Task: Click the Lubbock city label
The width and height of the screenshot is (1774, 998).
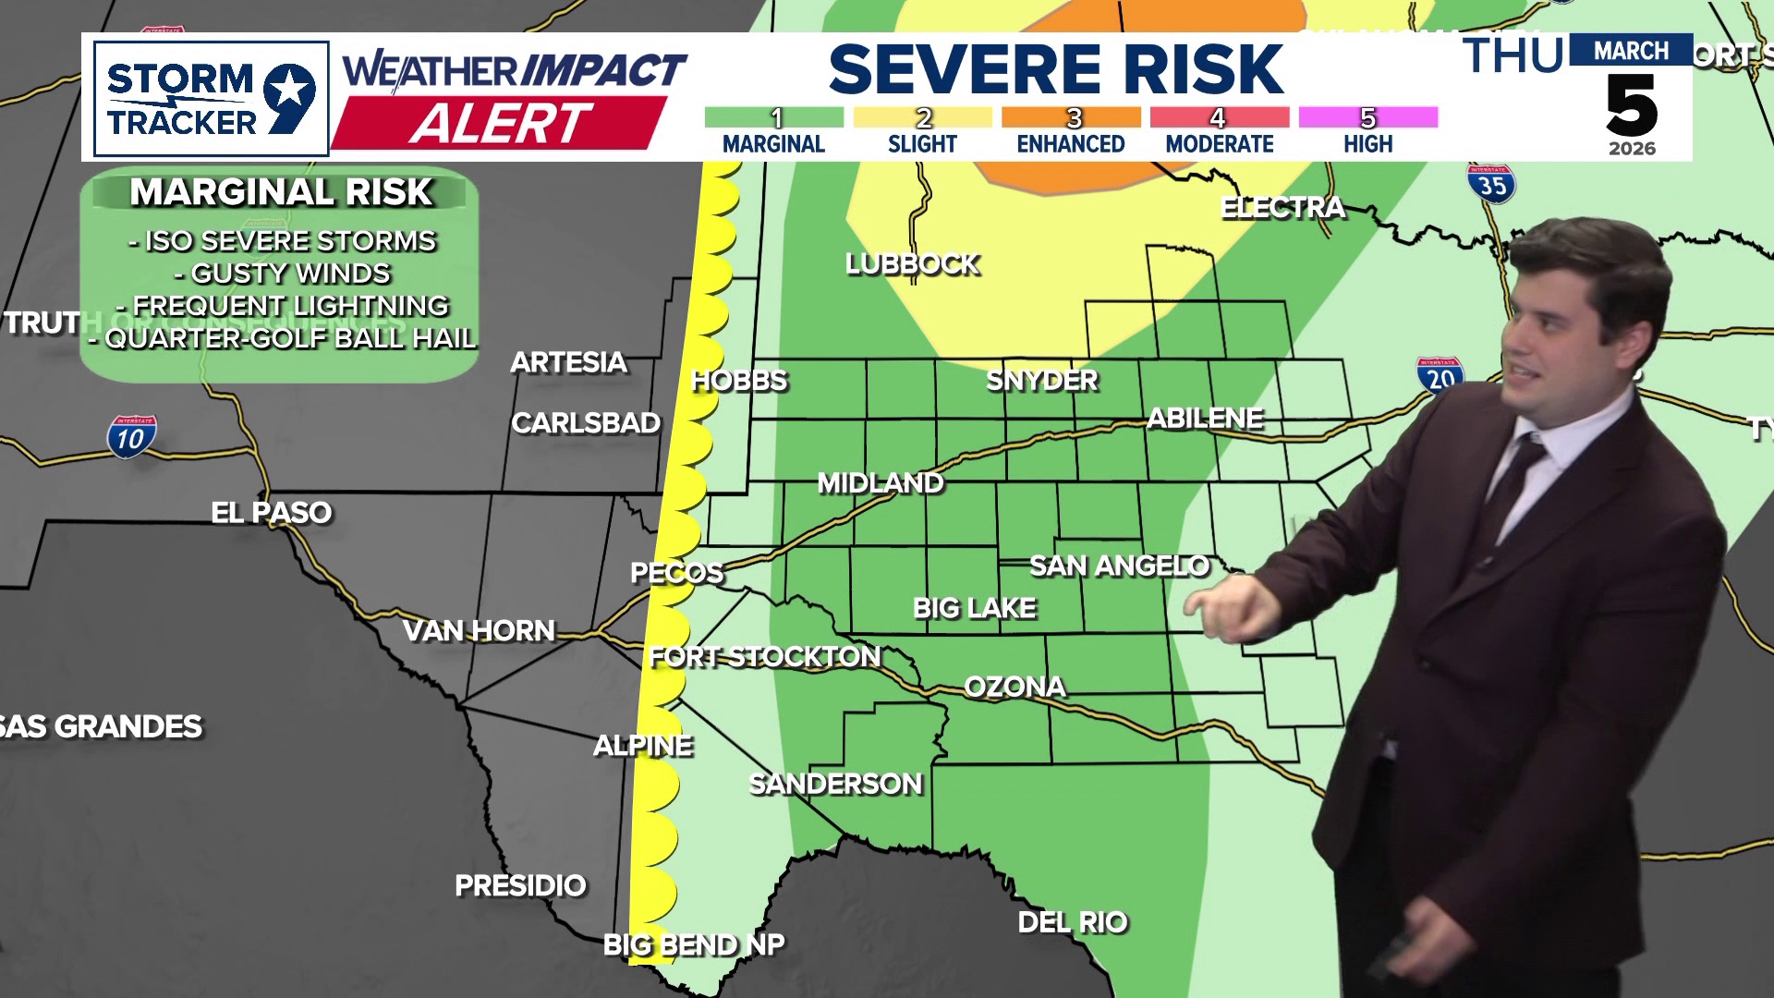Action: [912, 264]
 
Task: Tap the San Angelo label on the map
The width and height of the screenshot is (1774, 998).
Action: [1119, 566]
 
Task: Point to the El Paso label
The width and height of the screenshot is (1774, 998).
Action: [271, 512]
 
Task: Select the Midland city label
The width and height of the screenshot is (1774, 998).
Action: [880, 482]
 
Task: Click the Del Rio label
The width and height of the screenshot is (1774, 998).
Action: [1073, 921]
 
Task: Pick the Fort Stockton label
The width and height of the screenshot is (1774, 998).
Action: [764, 656]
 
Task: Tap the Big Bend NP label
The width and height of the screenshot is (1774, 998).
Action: [693, 944]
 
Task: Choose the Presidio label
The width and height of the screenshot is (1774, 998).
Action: [520, 885]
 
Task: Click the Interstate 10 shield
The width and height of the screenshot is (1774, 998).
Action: [131, 437]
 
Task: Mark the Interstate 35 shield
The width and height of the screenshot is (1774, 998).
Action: [1491, 185]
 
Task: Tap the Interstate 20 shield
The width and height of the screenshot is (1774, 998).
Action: [1440, 376]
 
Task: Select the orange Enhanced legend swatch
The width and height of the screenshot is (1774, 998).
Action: [1071, 117]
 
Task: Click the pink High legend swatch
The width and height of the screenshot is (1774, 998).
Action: [1367, 117]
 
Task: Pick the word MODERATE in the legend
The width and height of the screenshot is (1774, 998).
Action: [1219, 144]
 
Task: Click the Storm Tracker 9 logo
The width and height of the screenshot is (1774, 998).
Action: [211, 99]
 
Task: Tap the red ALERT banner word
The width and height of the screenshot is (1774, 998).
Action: [500, 123]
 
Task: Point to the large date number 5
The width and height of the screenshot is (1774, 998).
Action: [1631, 105]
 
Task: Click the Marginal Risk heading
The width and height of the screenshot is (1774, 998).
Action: [281, 192]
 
